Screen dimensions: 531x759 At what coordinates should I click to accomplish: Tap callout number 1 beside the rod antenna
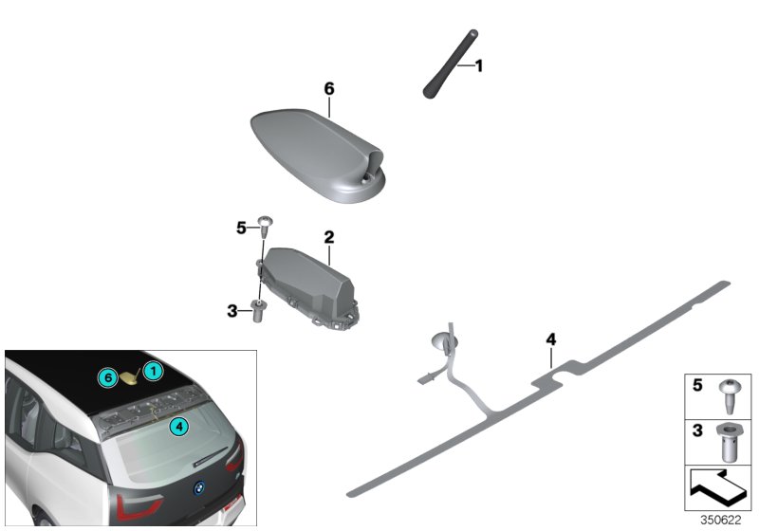[x=479, y=65]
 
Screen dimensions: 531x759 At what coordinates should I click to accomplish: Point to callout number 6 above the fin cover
[x=329, y=88]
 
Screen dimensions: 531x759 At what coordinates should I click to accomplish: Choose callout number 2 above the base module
[x=329, y=233]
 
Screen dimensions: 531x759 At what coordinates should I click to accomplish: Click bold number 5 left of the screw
[x=240, y=228]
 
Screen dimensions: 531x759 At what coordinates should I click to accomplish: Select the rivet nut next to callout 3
[x=258, y=310]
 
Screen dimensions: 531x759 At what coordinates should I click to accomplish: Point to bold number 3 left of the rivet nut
[x=231, y=309]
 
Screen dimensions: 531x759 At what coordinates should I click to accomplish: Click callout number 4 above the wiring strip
[x=550, y=339]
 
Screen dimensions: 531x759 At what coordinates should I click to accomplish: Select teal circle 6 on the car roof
[x=109, y=377]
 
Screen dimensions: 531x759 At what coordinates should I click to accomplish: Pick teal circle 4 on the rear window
[x=177, y=427]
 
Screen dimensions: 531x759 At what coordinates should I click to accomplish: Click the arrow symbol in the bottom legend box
[x=718, y=490]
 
